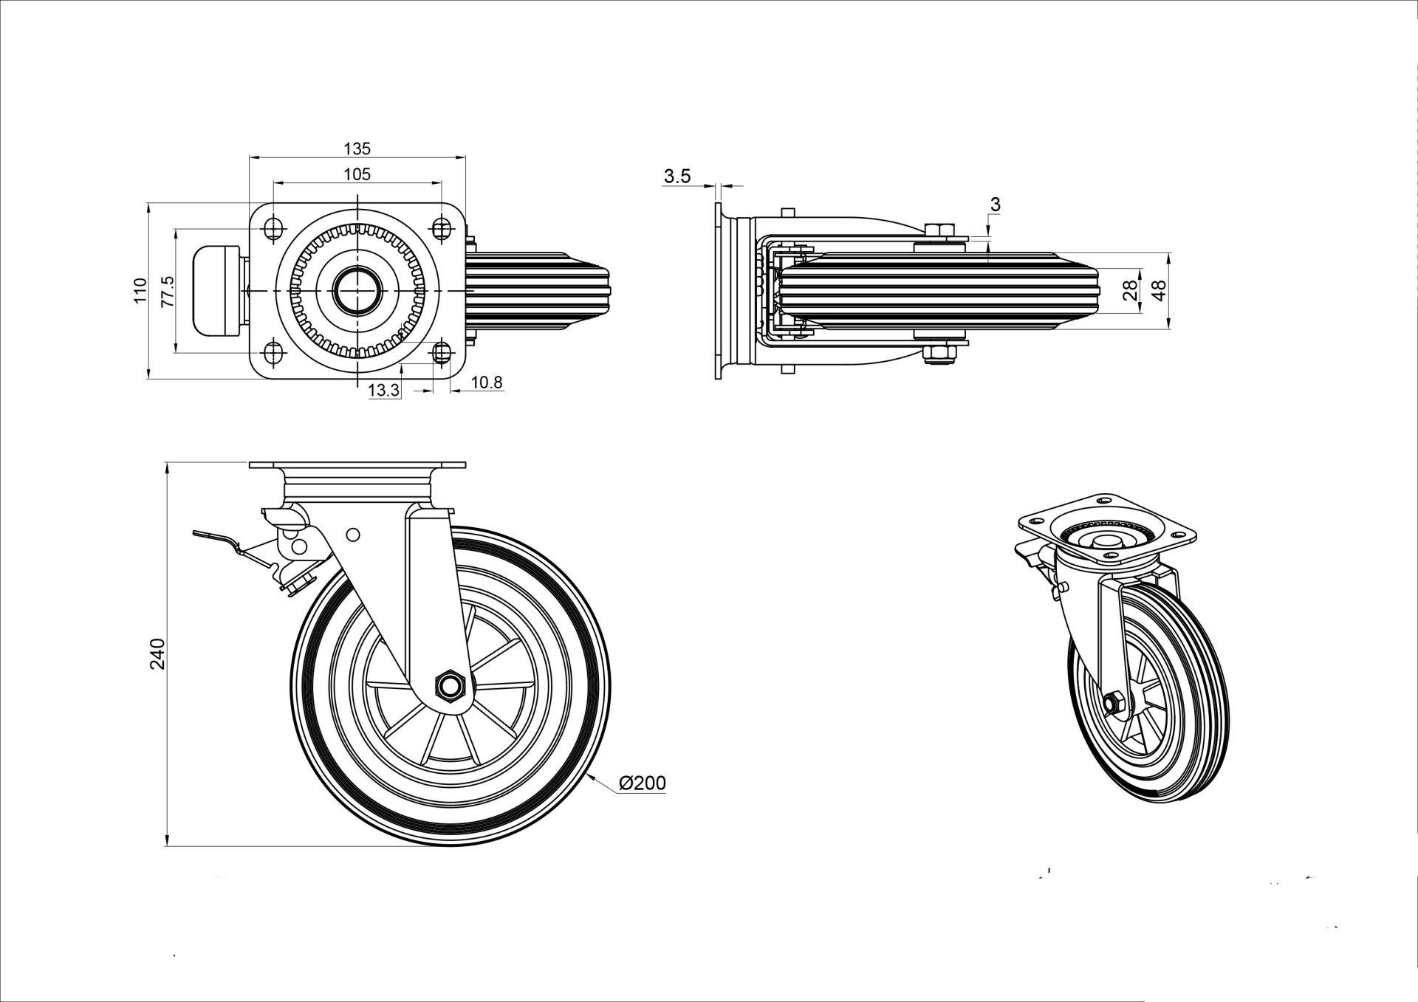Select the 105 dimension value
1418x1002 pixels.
357,174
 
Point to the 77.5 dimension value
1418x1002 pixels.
167,291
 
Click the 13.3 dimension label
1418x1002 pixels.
383,391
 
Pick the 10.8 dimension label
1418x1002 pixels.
487,382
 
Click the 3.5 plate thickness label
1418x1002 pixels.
677,176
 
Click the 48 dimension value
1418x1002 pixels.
1160,291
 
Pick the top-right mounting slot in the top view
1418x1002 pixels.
442,227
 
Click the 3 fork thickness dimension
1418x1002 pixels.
995,205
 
